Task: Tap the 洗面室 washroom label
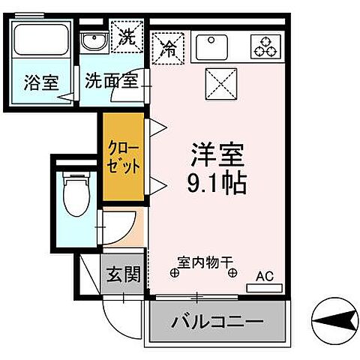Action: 110,80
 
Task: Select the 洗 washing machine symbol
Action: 125,36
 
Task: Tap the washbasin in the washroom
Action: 94,40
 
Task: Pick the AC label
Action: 265,275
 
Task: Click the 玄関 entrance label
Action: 121,275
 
